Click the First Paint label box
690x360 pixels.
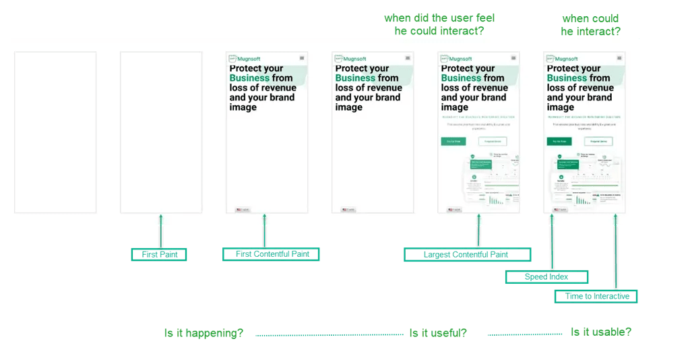point(159,254)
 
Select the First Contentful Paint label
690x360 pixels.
point(271,254)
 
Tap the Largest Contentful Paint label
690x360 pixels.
point(467,255)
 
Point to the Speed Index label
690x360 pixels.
point(546,277)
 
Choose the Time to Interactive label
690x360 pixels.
point(596,296)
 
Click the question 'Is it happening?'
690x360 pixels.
point(203,333)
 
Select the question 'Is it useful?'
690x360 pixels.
point(438,333)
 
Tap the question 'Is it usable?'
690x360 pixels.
point(601,332)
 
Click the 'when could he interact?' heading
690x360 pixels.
point(590,25)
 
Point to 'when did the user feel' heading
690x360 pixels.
point(434,24)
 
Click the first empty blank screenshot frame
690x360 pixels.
point(55,132)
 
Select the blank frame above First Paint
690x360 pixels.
point(161,132)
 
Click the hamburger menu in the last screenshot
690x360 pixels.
point(619,58)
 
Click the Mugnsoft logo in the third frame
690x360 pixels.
point(243,59)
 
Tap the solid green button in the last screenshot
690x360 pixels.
point(559,142)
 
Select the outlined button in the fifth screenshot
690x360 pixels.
point(493,142)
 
